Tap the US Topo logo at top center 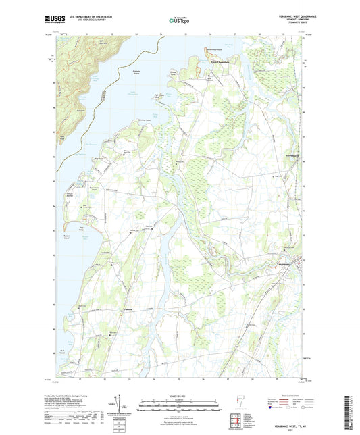pos(178,20)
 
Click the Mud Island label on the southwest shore pos(63,351)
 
